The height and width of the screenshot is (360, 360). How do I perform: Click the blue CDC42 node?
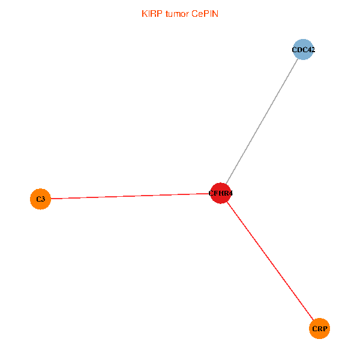click(303, 50)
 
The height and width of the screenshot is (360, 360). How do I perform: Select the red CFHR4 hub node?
click(221, 193)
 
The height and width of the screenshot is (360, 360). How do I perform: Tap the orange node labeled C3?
click(40, 199)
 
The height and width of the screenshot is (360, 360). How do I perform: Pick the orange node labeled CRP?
click(320, 329)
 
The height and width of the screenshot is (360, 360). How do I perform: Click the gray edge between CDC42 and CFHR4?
click(262, 121)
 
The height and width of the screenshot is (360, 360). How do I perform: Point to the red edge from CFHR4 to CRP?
click(270, 260)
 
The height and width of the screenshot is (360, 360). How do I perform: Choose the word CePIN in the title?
click(205, 13)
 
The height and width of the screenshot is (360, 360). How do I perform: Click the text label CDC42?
click(303, 50)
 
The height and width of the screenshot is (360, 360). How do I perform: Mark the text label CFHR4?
click(220, 194)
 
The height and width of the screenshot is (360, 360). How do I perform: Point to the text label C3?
click(40, 199)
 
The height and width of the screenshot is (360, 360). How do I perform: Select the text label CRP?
click(320, 329)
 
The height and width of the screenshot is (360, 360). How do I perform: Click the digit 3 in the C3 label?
click(43, 199)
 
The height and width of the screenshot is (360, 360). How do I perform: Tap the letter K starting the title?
click(144, 13)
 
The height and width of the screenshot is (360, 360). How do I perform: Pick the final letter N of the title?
click(215, 13)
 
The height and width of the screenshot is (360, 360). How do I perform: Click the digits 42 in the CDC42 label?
click(311, 50)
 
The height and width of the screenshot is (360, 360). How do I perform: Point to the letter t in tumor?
click(167, 13)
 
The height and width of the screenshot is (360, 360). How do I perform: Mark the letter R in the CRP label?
click(320, 329)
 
